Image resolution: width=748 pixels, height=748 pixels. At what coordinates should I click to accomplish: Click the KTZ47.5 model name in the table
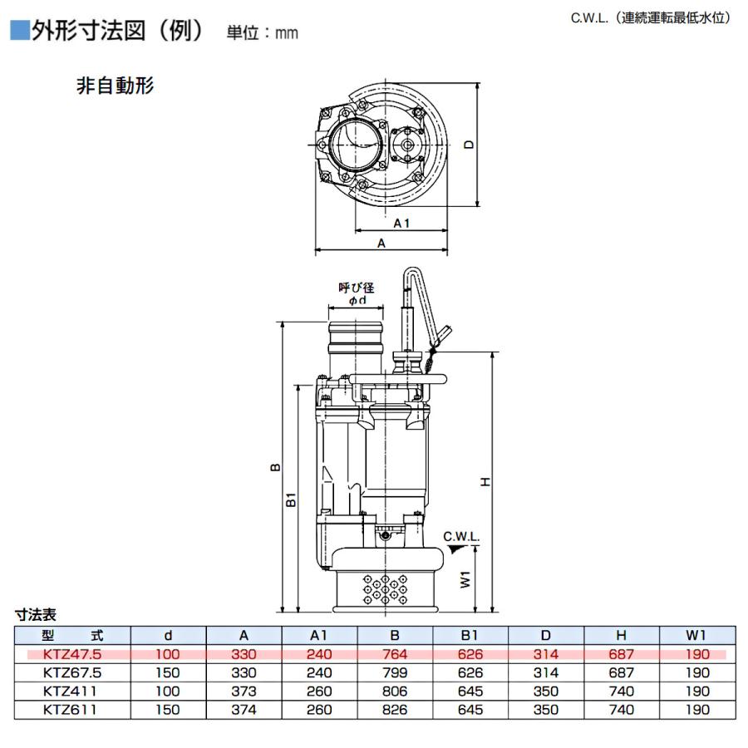(72, 654)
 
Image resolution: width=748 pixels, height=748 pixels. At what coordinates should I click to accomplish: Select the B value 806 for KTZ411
(395, 691)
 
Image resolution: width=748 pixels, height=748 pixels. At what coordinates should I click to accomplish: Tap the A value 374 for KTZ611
(244, 710)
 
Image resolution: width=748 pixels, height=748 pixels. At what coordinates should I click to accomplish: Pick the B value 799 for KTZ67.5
(395, 672)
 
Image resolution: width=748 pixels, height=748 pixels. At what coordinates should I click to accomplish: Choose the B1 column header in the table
(470, 636)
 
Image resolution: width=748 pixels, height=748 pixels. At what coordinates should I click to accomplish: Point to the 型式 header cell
(72, 636)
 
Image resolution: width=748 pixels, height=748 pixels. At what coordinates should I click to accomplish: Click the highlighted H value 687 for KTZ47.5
(621, 654)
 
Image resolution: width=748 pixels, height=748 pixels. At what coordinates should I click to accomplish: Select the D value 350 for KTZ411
(546, 691)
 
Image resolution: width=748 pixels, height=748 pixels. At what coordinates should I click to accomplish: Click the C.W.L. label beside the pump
(460, 537)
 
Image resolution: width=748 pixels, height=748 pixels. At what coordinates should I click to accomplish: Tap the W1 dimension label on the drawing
(465, 579)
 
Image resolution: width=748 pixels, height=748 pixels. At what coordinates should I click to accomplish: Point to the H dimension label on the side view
(485, 482)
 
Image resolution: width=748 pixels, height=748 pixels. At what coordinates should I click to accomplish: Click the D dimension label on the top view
(469, 144)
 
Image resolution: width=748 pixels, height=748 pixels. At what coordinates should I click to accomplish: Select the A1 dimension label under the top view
(401, 224)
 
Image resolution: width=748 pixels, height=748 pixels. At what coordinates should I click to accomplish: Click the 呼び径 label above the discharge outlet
(357, 288)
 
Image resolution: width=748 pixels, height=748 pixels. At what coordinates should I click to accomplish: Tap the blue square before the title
(20, 30)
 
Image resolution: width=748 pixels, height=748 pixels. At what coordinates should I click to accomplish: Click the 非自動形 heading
(115, 86)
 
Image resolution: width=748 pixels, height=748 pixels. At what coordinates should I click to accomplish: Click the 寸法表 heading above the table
(36, 614)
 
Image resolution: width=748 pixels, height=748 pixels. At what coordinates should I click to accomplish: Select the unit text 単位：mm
(263, 32)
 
